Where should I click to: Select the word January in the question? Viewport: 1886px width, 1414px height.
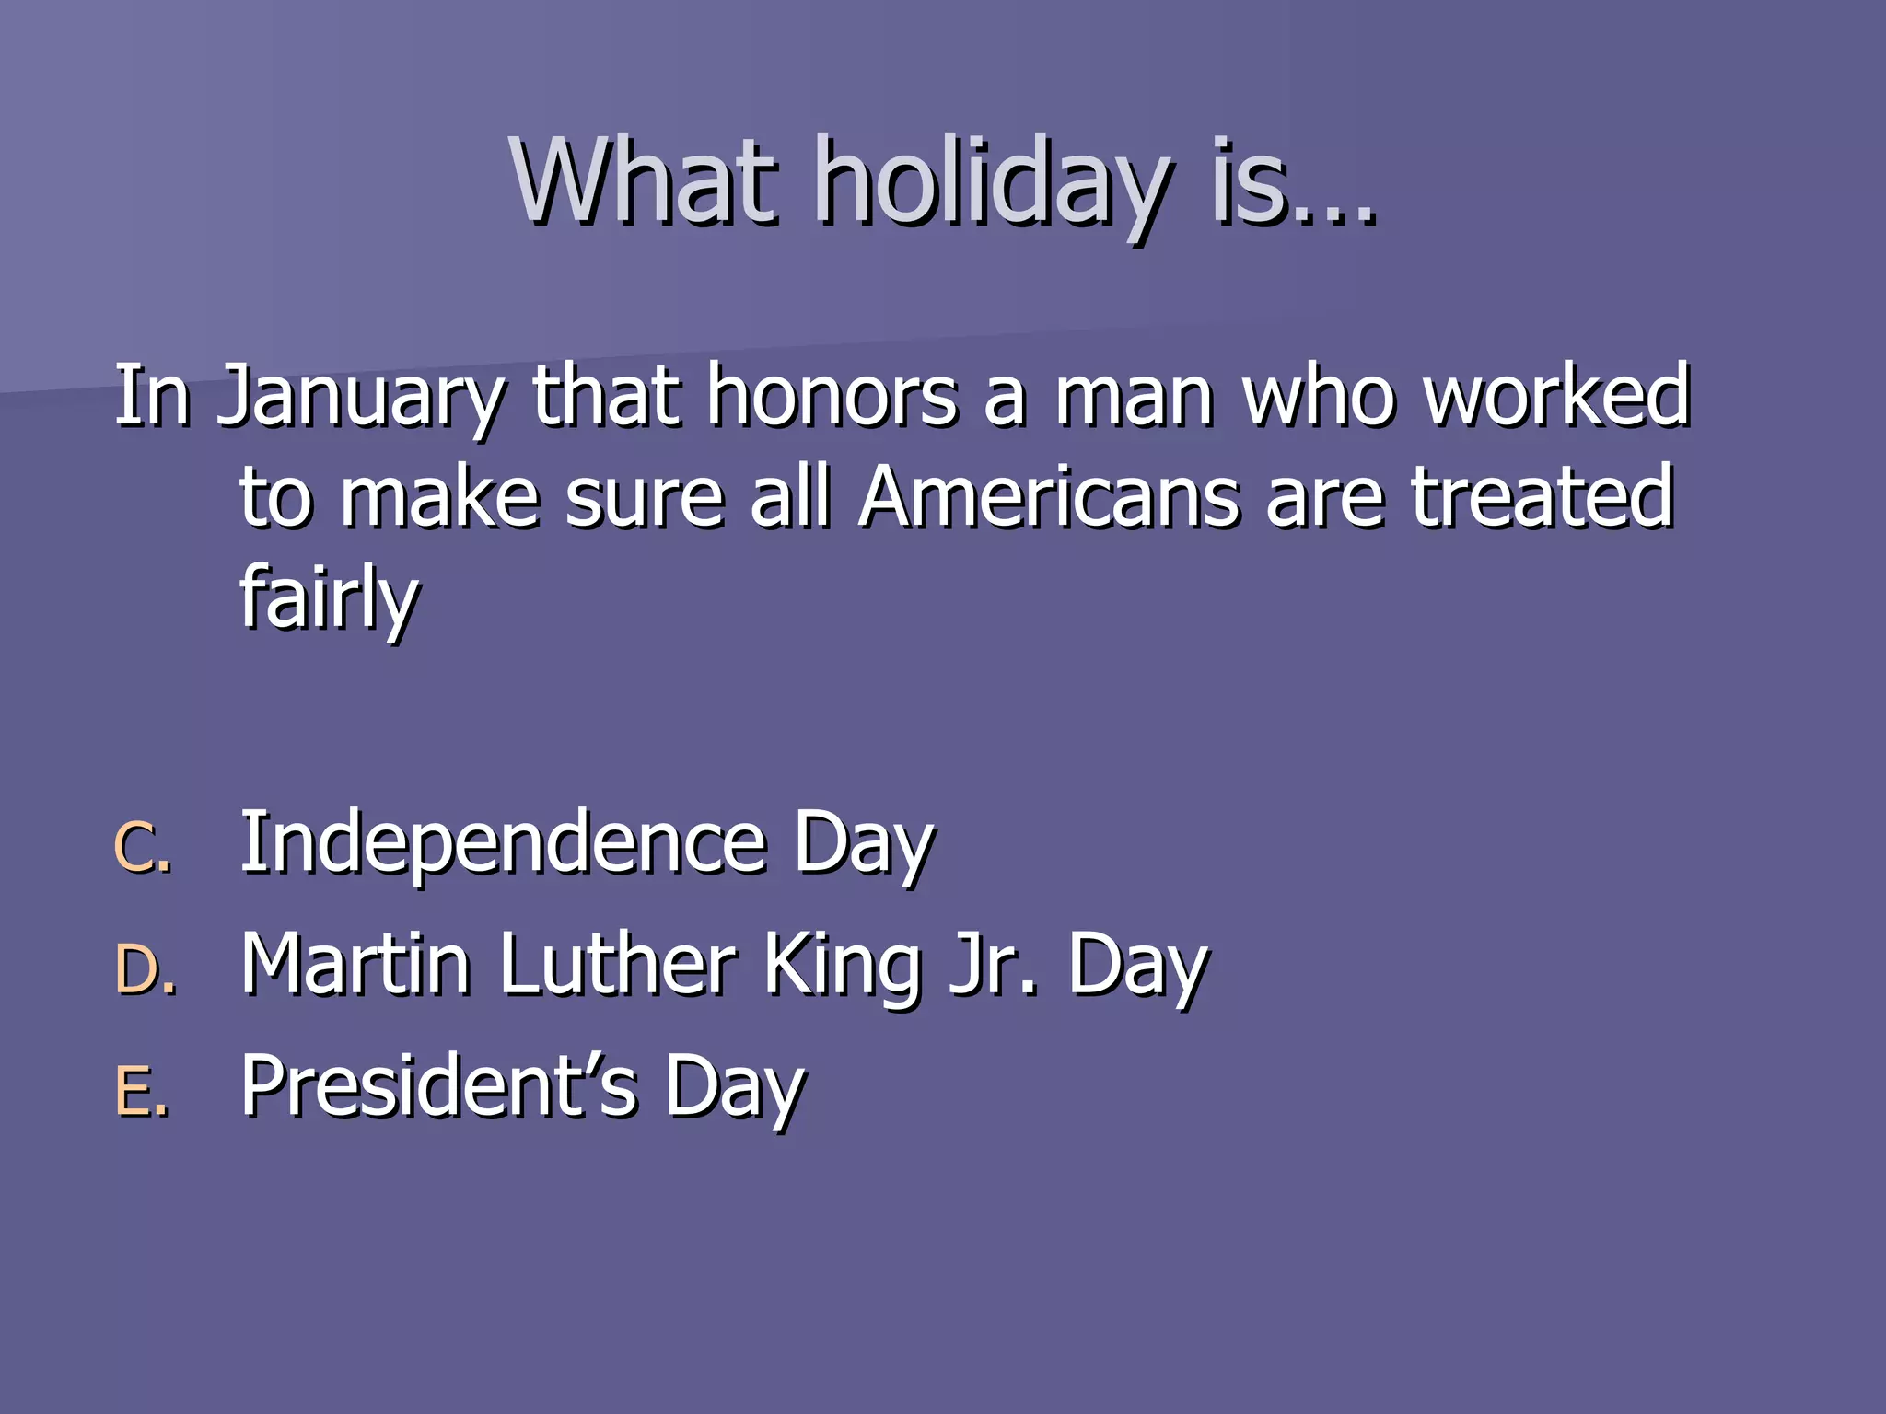(x=360, y=397)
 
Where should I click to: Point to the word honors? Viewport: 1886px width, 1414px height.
(x=832, y=397)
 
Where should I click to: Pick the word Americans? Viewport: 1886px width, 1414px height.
(x=1049, y=497)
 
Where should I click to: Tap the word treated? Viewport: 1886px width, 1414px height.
(x=1543, y=497)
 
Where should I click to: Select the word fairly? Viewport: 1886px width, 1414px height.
(x=329, y=597)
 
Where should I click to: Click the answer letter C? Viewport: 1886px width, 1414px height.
(x=141, y=847)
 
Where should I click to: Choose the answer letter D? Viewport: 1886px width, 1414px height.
(x=145, y=970)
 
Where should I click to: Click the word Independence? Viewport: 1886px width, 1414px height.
(x=503, y=843)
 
